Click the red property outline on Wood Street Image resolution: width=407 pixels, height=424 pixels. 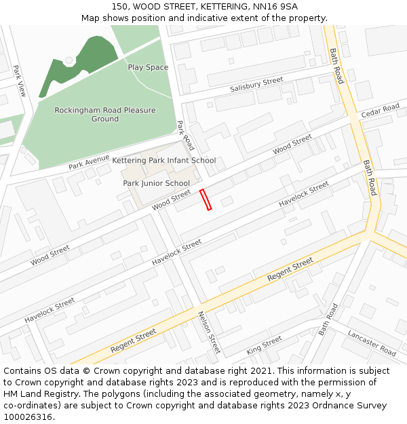pos(206,199)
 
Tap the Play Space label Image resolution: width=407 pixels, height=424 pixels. pos(148,67)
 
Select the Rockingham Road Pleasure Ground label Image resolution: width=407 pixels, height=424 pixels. pos(105,114)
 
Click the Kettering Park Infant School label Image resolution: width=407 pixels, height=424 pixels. pos(164,161)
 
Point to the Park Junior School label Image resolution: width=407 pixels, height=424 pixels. pos(156,183)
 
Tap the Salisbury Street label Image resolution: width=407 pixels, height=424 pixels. pos(256,85)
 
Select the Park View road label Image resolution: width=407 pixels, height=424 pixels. pos(19,81)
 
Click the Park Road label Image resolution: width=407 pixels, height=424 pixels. pos(185,135)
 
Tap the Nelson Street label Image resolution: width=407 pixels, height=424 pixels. pos(209,332)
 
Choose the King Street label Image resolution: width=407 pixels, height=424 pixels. pos(264,345)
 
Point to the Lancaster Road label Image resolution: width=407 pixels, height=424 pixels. pos(372,343)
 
